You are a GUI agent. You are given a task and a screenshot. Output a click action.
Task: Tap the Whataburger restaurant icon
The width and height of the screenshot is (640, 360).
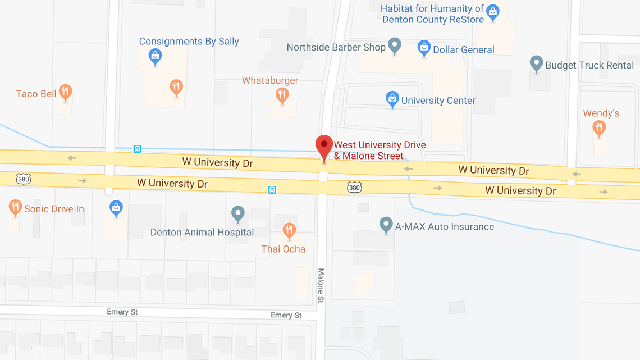(x=282, y=95)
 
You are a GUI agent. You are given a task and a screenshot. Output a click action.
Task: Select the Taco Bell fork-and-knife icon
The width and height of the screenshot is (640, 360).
(x=66, y=92)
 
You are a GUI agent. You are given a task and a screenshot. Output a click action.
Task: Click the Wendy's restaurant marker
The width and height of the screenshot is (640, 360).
(x=599, y=128)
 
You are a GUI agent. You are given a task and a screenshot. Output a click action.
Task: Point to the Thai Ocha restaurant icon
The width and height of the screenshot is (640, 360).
(x=289, y=230)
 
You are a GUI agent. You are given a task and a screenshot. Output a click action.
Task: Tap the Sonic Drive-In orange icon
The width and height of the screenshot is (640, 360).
(x=15, y=207)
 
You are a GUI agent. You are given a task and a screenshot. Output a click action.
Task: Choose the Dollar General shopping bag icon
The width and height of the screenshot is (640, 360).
(x=424, y=48)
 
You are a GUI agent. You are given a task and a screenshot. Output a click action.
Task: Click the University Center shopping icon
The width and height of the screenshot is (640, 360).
(x=392, y=99)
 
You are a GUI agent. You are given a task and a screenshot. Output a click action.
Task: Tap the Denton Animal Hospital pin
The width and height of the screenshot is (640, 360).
(x=238, y=213)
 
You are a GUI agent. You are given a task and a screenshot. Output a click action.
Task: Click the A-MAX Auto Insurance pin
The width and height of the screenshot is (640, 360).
(x=386, y=225)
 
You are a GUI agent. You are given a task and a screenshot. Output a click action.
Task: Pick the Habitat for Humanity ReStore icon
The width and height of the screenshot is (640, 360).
(x=493, y=11)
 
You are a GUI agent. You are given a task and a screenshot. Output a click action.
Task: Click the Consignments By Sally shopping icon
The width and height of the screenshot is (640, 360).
(x=156, y=56)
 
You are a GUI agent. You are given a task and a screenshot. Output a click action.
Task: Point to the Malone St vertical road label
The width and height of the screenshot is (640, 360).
(x=321, y=285)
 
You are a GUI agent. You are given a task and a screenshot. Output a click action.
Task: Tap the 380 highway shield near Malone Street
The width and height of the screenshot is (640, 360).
(x=354, y=187)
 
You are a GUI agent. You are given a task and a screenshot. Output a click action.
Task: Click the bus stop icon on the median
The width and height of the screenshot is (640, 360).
(x=272, y=190)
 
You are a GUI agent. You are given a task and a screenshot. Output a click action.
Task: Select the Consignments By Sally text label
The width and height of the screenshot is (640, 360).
(x=189, y=42)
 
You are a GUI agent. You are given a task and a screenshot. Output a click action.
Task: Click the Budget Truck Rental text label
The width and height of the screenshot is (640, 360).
(x=589, y=65)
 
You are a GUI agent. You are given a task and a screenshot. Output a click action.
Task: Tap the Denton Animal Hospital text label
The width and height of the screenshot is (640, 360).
(x=202, y=232)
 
